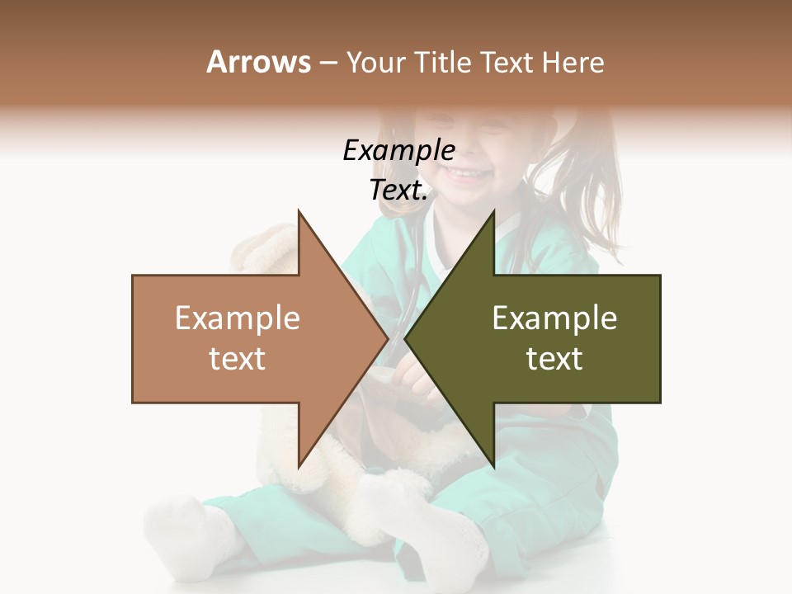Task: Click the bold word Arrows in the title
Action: (258, 62)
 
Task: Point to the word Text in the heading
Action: (506, 62)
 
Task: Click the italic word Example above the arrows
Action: (398, 151)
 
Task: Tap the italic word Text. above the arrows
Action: (398, 191)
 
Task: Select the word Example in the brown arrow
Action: (237, 318)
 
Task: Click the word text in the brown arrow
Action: (237, 359)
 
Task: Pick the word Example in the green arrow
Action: (554, 318)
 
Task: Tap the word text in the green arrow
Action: (554, 359)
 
